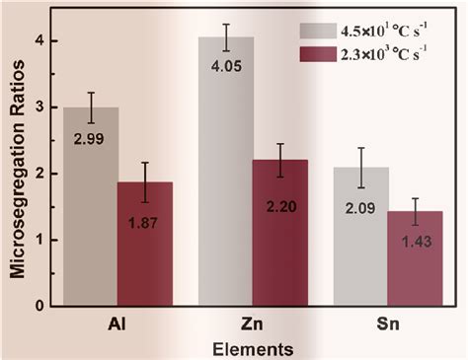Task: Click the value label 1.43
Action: (416, 244)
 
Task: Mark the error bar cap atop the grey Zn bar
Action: (226, 24)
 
